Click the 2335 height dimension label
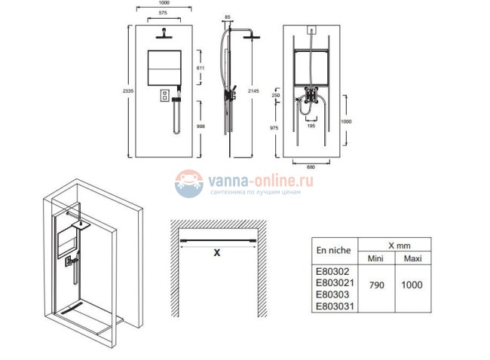click(128, 91)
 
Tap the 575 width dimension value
click(163, 13)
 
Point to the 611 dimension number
click(201, 68)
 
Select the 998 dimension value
click(201, 126)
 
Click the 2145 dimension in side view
click(253, 91)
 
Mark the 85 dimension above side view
click(228, 17)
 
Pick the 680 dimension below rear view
click(311, 167)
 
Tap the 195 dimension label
click(311, 126)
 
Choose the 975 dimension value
click(274, 128)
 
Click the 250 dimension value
click(276, 95)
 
